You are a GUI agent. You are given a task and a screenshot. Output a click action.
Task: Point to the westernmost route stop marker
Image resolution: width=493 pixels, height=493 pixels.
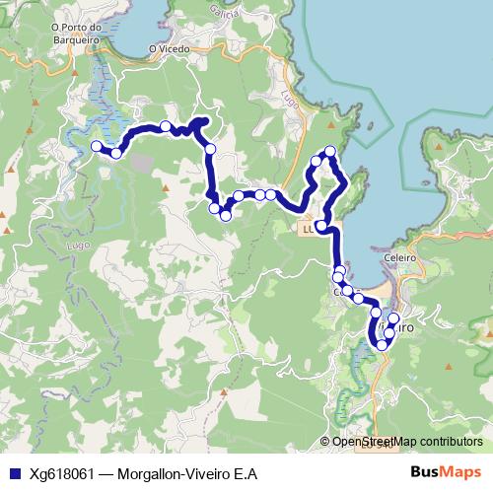pos(98,146)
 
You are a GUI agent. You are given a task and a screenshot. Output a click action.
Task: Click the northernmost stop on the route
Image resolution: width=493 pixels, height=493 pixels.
pos(330,151)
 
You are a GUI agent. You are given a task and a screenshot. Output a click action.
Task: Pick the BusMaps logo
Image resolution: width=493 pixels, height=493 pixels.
pos(445,473)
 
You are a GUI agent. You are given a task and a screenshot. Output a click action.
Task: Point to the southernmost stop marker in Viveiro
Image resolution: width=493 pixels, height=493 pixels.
pos(382,346)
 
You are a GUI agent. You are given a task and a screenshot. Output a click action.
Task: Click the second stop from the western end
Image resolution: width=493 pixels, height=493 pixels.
pos(116,153)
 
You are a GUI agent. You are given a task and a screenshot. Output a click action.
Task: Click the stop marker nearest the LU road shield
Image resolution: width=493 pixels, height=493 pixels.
pos(321,226)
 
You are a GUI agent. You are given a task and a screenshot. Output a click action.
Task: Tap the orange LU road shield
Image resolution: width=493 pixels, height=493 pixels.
pos(307,227)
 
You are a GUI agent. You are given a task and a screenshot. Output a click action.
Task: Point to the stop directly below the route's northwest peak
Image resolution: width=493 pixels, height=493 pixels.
pos(210,148)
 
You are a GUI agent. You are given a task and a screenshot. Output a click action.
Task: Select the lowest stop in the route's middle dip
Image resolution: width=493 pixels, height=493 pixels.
pos(225,215)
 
